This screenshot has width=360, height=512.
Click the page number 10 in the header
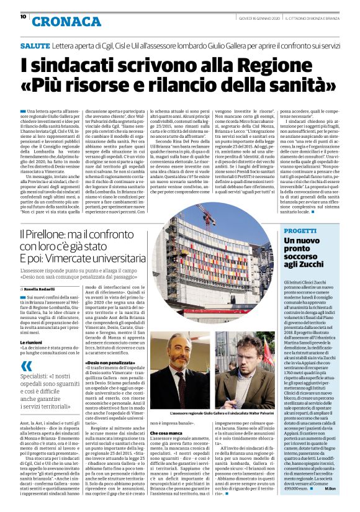point(24,16)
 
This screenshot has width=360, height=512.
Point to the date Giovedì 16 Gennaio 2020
point(250,17)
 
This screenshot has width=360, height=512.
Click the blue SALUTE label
point(53,46)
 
